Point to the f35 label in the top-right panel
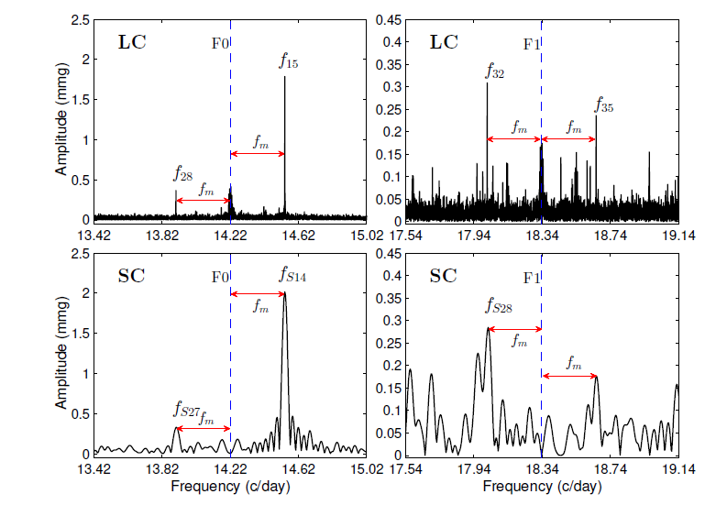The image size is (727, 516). (604, 106)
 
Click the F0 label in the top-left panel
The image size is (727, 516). (219, 42)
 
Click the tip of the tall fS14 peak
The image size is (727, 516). (284, 293)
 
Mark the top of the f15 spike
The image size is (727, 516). (284, 77)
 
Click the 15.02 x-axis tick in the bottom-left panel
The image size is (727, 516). (366, 468)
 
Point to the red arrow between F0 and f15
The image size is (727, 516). (258, 152)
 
